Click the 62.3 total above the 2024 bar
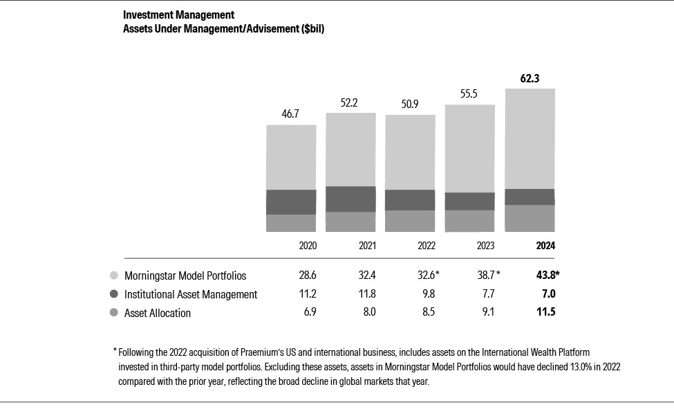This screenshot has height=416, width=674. [x=530, y=79]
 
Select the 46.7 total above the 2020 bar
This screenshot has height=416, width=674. [x=291, y=114]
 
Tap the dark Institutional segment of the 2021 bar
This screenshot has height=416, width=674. [x=350, y=199]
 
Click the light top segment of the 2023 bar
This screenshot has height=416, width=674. [x=469, y=148]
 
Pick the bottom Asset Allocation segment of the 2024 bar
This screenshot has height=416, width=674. [x=530, y=218]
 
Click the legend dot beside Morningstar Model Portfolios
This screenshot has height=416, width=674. [x=113, y=275]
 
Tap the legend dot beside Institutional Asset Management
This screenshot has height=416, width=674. [x=113, y=294]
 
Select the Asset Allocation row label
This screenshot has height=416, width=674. [x=157, y=313]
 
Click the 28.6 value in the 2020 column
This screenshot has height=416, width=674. [x=308, y=275]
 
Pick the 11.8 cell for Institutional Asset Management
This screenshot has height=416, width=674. [x=366, y=294]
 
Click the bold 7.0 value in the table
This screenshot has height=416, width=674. [x=547, y=294]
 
